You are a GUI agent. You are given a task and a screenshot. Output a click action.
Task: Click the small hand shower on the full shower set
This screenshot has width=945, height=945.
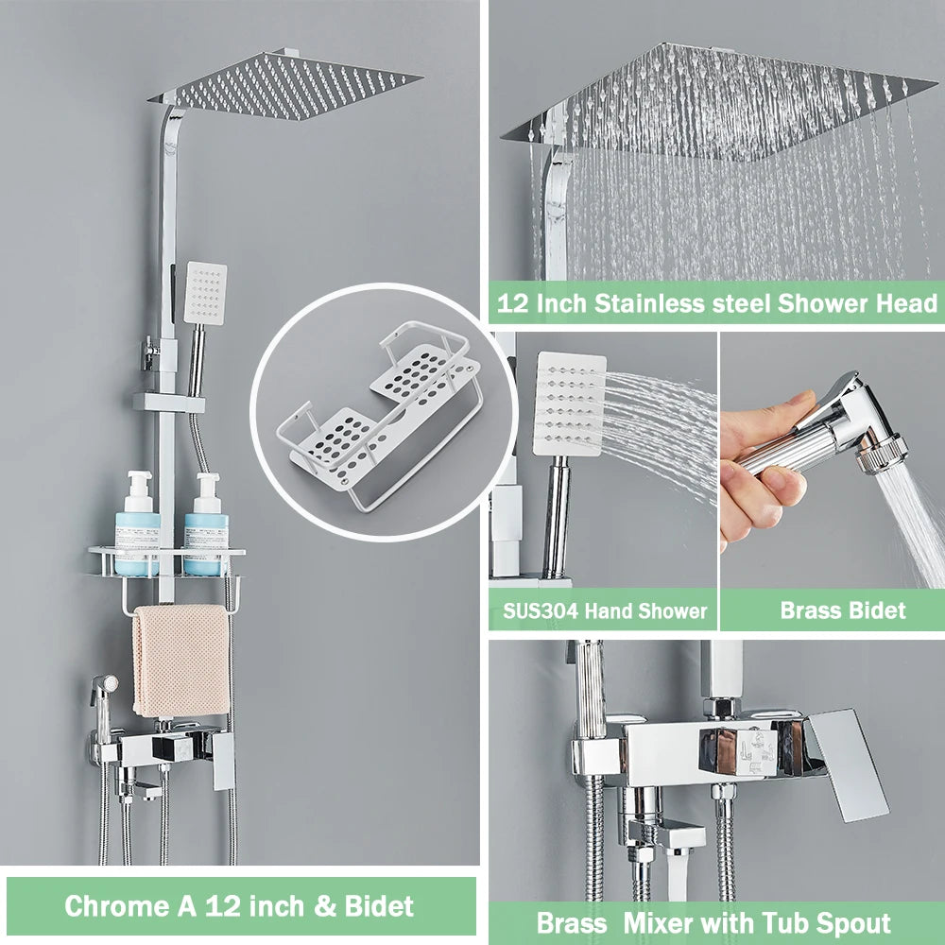point(206,294)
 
